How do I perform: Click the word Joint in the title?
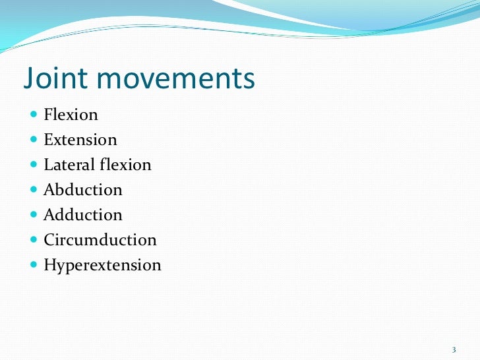pyautogui.click(x=55, y=79)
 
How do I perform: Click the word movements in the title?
pyautogui.click(x=175, y=79)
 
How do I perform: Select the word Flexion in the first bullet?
pyautogui.click(x=71, y=115)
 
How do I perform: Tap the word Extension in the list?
pyautogui.click(x=80, y=140)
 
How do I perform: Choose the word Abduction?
pyautogui.click(x=82, y=190)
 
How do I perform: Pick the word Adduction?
pyautogui.click(x=82, y=215)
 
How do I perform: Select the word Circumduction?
pyautogui.click(x=100, y=240)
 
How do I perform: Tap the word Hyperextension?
pyautogui.click(x=102, y=266)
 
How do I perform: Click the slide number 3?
pyautogui.click(x=454, y=349)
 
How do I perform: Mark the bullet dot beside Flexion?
pyautogui.click(x=34, y=115)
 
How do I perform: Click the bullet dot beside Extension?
pyautogui.click(x=34, y=140)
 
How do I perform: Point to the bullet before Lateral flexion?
pyautogui.click(x=34, y=165)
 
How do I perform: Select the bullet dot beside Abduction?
pyautogui.click(x=34, y=190)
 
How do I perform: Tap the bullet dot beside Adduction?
pyautogui.click(x=34, y=215)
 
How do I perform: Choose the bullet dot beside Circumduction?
pyautogui.click(x=34, y=240)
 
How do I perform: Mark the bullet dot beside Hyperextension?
pyautogui.click(x=34, y=265)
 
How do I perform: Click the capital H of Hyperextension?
pyautogui.click(x=49, y=265)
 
